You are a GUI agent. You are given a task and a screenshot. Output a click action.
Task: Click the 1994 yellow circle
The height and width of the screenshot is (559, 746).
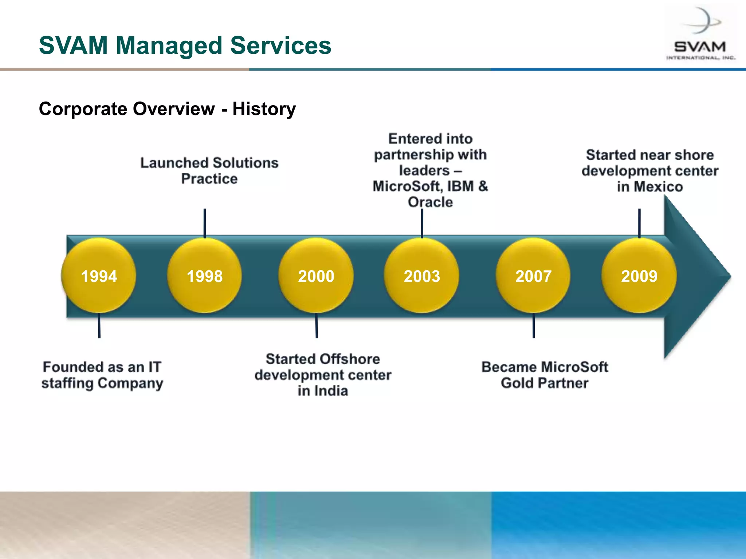click(x=99, y=276)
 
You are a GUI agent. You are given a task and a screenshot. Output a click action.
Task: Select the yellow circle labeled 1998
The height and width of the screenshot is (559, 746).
click(x=204, y=276)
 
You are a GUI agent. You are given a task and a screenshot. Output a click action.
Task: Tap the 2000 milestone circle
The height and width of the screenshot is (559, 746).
click(x=316, y=276)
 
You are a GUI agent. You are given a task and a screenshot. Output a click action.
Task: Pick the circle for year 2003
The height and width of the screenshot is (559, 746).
click(x=422, y=276)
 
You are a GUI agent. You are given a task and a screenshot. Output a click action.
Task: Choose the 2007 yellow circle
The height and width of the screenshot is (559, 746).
click(x=533, y=276)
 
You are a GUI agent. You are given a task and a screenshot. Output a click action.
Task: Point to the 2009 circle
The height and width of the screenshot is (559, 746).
click(x=639, y=276)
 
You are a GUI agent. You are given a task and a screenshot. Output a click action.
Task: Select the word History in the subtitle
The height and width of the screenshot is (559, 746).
click(x=264, y=109)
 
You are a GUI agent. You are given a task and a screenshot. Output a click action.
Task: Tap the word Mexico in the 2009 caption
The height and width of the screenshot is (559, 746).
click(x=658, y=187)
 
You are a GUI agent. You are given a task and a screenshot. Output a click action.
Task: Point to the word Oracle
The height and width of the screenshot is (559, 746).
click(x=430, y=202)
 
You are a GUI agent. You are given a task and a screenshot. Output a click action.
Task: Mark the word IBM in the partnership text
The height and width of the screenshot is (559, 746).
click(x=460, y=186)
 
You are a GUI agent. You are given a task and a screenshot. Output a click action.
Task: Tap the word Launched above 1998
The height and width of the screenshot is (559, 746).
click(x=174, y=163)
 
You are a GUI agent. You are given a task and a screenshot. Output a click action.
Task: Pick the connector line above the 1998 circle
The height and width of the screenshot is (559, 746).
click(x=205, y=223)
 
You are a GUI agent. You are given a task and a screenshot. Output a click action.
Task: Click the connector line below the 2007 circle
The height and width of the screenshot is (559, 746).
click(x=534, y=326)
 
